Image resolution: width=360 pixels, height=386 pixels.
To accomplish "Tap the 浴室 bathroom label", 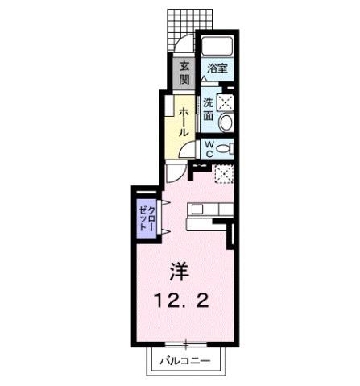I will coord(215,68).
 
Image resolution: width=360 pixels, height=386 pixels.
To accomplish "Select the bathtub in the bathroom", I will coord(216,44).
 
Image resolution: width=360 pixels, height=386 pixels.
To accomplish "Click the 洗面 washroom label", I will coord(209,109).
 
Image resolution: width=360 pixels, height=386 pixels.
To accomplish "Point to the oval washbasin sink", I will coord(226,122).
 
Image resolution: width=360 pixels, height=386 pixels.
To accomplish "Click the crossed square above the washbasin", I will coord(225,102).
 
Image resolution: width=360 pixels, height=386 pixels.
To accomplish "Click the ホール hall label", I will coord(184,121).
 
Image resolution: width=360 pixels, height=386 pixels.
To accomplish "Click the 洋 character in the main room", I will coord(179,270).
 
